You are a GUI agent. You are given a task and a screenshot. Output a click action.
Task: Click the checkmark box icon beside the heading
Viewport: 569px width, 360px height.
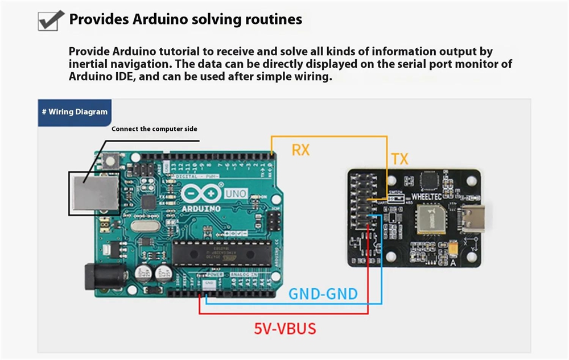[50, 20]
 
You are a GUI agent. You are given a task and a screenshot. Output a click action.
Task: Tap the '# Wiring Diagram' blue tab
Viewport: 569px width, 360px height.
[75, 112]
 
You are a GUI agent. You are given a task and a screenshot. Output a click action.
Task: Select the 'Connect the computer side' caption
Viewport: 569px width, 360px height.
[154, 129]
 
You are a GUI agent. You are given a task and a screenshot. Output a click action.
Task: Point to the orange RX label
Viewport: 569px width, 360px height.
[300, 150]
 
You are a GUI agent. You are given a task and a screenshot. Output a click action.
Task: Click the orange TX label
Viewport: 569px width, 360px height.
[399, 159]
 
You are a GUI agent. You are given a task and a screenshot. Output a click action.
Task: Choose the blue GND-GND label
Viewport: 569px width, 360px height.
[323, 294]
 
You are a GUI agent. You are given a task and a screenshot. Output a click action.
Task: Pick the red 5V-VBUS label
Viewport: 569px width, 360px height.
[284, 328]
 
